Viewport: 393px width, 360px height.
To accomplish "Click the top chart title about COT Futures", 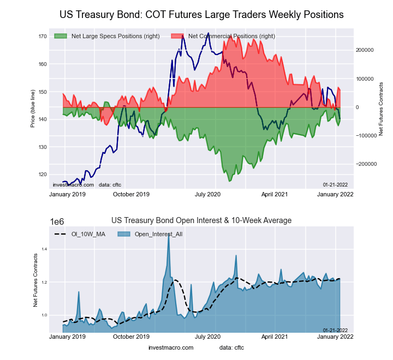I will tap(201, 15).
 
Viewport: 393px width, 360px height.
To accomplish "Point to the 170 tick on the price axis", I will tap(42, 37).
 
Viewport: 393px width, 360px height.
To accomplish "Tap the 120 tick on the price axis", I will tap(42, 175).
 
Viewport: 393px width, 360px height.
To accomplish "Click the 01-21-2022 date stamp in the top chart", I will tap(335, 184).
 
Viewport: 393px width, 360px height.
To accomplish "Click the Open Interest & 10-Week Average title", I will tap(201, 220).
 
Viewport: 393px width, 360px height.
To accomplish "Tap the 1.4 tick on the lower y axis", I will tap(43, 249).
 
